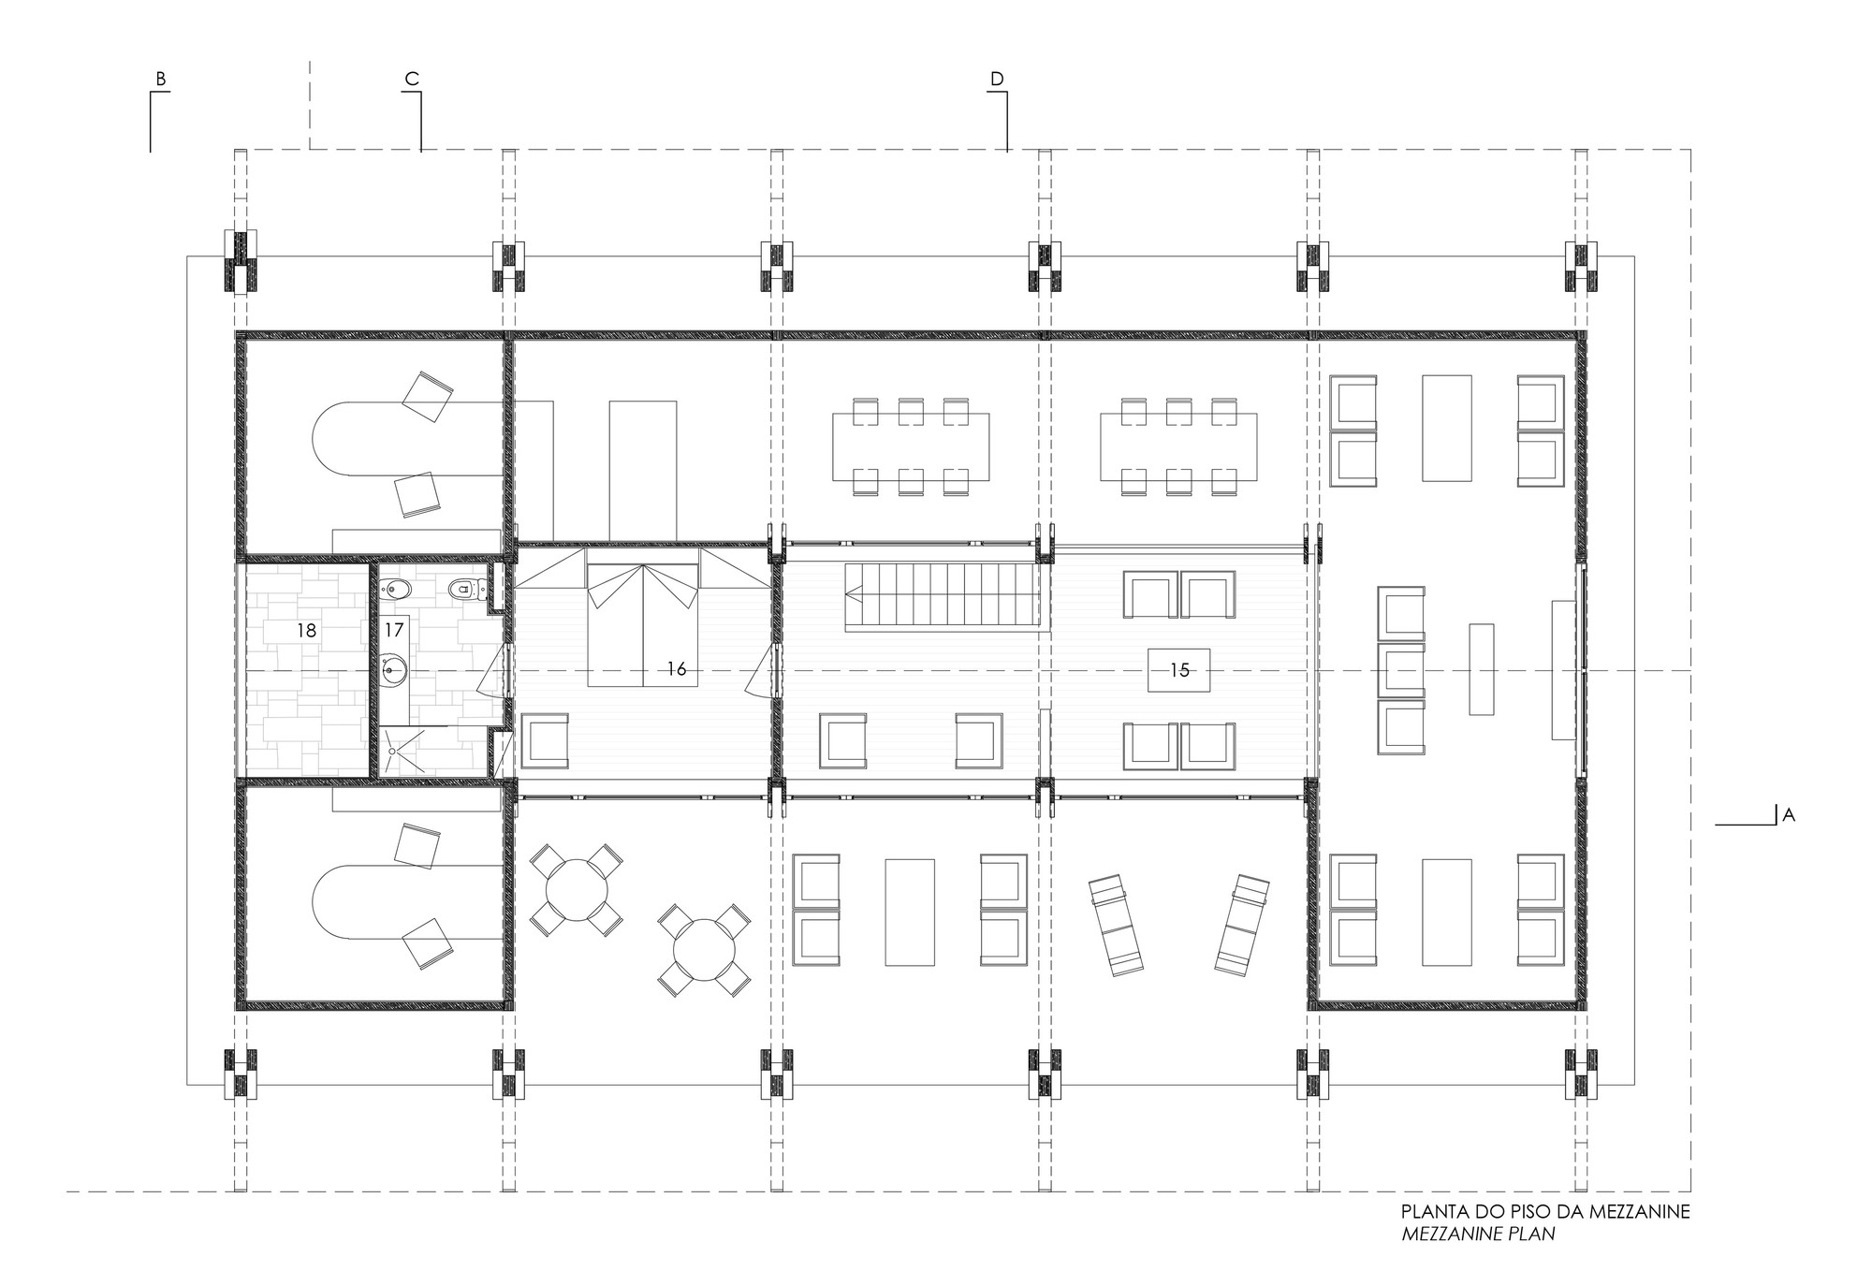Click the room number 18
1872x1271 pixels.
tap(306, 631)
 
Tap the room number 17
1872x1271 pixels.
tap(394, 631)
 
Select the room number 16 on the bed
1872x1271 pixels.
tap(677, 669)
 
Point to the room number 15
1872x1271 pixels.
tap(1179, 670)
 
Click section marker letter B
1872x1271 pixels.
tap(161, 80)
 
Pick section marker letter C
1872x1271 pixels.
tap(411, 80)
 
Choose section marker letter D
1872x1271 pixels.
tap(997, 80)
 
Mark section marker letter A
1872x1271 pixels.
tap(1789, 815)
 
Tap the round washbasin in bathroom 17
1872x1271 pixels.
tap(390, 668)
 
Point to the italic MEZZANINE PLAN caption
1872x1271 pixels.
tap(1479, 1234)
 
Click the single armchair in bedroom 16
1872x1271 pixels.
tap(545, 741)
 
